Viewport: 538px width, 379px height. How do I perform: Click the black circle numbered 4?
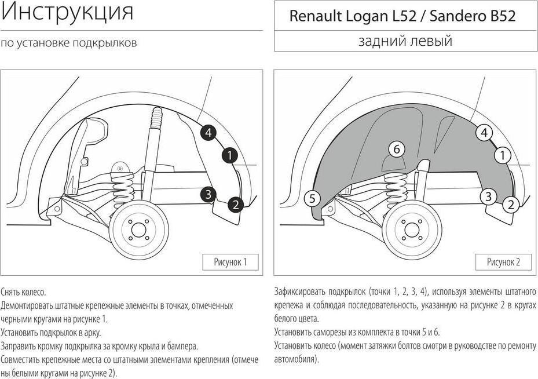[x=208, y=133]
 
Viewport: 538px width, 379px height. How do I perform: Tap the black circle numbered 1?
[x=229, y=156]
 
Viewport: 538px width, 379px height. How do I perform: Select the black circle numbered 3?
[x=208, y=194]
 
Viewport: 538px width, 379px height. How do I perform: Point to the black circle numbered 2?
[x=235, y=205]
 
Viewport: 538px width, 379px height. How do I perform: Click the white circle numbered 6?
[x=397, y=150]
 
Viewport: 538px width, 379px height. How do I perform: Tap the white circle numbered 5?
[x=312, y=198]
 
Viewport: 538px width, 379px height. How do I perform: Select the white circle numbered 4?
[x=484, y=133]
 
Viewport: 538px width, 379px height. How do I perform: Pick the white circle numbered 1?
[x=503, y=155]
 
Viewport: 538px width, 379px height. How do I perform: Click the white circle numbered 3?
[x=488, y=196]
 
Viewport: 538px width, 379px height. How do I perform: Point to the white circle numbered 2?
[x=511, y=205]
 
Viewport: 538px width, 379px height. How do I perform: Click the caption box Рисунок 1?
[x=230, y=263]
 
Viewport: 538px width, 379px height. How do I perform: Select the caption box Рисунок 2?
[x=503, y=263]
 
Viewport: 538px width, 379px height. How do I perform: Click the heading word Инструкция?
[x=67, y=12]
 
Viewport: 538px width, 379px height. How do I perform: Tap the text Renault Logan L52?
[x=352, y=16]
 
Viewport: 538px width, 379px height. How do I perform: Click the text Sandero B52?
[x=473, y=16]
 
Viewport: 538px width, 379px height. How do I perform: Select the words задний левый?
[x=405, y=41]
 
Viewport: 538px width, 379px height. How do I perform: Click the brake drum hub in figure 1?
[x=138, y=229]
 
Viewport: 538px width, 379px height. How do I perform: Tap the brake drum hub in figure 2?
[x=411, y=229]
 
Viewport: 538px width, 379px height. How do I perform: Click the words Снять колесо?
[x=23, y=292]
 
